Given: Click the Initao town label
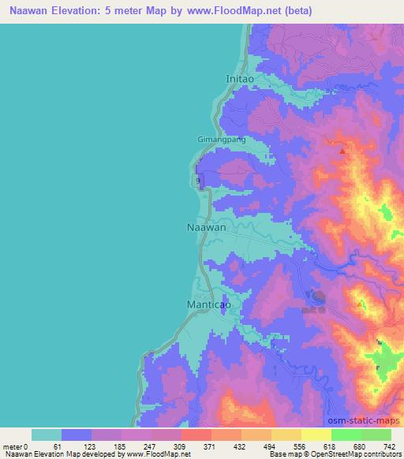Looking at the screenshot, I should click(241, 79).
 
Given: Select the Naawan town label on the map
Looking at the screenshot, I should click(207, 227).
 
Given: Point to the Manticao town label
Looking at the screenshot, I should click(208, 303).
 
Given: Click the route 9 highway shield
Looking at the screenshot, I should click(198, 181).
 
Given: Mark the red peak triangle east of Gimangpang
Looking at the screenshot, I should click(342, 150).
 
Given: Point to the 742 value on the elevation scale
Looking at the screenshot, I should click(388, 446).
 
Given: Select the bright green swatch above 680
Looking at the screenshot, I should click(346, 435).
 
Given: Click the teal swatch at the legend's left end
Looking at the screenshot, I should click(46, 435).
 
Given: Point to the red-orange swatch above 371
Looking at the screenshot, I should click(196, 435).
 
